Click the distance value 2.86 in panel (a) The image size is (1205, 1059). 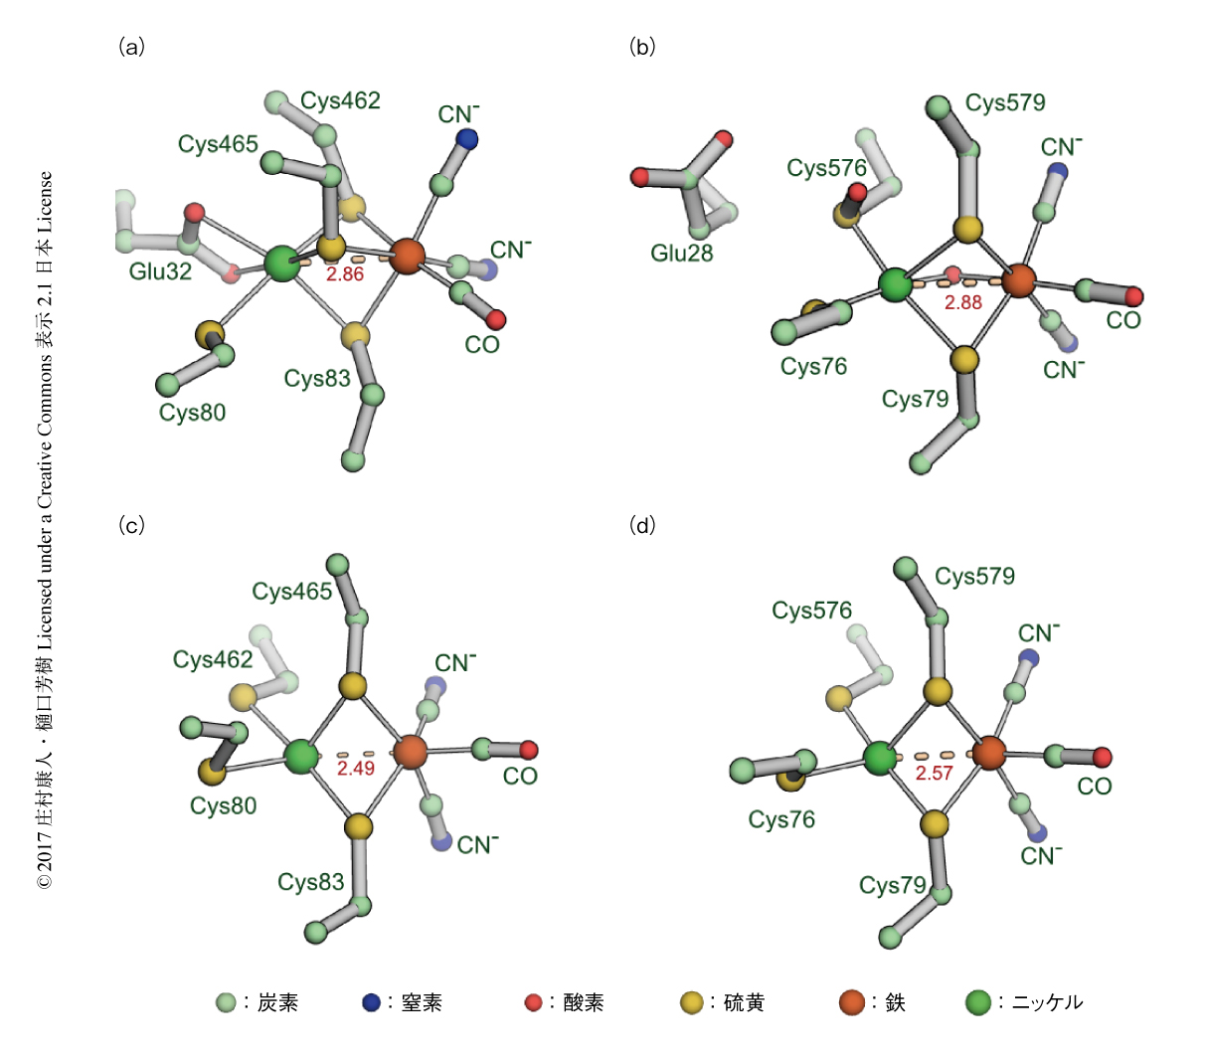(345, 274)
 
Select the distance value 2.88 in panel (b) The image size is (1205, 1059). (963, 302)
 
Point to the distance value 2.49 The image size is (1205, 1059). (356, 768)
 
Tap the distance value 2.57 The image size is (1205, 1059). (934, 773)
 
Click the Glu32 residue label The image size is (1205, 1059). (160, 271)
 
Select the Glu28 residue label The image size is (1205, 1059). (682, 253)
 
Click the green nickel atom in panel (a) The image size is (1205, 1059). (282, 265)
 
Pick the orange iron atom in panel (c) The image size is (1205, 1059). (411, 753)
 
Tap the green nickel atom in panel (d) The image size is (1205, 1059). (880, 759)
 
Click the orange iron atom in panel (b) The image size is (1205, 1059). (1019, 280)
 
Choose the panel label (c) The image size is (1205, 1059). (131, 525)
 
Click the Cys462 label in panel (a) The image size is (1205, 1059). (340, 100)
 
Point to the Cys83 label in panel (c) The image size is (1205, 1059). (310, 882)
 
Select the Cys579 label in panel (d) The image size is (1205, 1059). (974, 576)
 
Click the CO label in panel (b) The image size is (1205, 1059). (1122, 320)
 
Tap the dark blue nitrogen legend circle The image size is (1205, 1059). (371, 1002)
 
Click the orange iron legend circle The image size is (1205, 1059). (851, 1002)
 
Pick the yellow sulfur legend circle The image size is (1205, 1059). (692, 1002)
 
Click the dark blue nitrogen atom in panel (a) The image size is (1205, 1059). (467, 140)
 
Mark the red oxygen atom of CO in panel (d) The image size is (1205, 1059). (1102, 757)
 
